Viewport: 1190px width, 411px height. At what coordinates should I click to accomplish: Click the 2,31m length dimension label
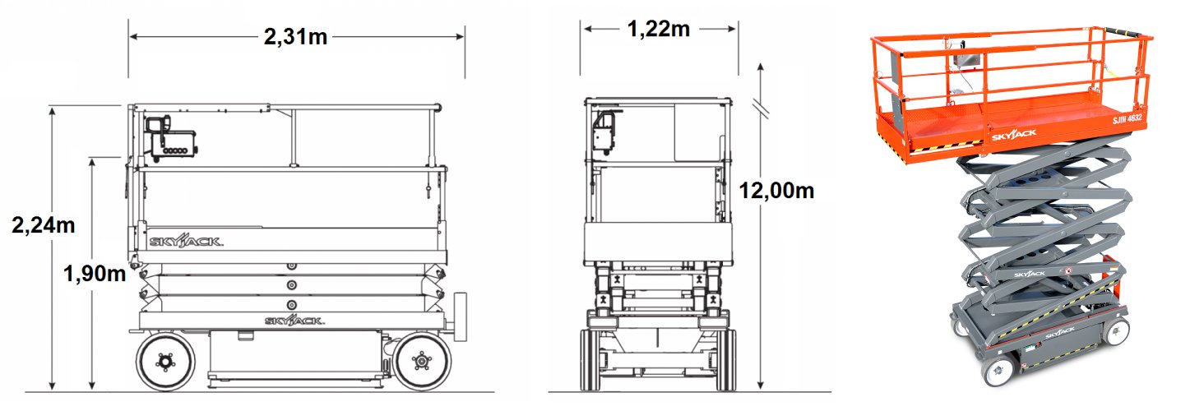[x=295, y=37]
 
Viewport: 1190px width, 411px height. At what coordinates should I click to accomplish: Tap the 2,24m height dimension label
[x=44, y=225]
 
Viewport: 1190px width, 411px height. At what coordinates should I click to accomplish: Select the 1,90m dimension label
[x=95, y=274]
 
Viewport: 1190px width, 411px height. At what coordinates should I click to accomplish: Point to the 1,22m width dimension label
[x=659, y=29]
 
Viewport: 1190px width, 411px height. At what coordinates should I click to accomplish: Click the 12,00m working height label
[x=776, y=190]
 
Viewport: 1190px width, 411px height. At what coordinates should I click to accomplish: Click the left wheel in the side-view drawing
[x=165, y=362]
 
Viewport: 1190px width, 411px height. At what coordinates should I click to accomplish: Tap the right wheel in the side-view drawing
[x=422, y=362]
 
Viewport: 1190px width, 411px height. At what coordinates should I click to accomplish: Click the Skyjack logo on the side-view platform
[x=186, y=241]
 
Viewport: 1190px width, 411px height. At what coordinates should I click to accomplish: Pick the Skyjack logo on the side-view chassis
[x=294, y=321]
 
